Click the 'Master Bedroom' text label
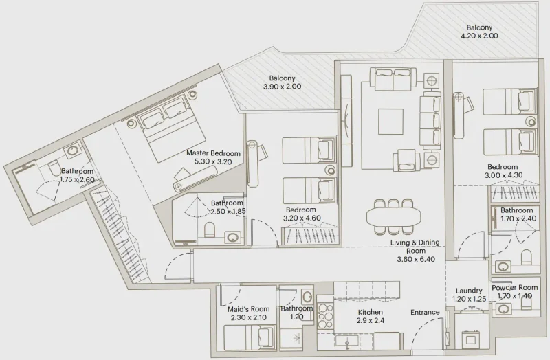pyautogui.click(x=214, y=153)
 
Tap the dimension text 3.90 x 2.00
pyautogui.click(x=283, y=87)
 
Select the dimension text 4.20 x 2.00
pyautogui.click(x=478, y=36)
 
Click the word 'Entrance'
pyautogui.click(x=425, y=313)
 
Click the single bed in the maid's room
pyautogui.click(x=247, y=337)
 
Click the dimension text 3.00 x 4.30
pyautogui.click(x=503, y=175)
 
